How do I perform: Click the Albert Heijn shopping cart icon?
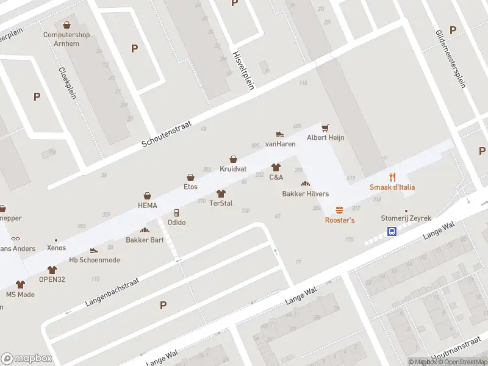tap(325, 127)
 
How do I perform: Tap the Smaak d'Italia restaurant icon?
tap(392, 177)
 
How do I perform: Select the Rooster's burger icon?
tap(339, 210)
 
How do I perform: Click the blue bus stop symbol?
tap(392, 231)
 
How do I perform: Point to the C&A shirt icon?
tap(276, 167)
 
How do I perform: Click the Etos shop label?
tap(191, 187)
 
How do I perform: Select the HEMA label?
tap(147, 206)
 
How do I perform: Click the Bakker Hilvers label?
tap(305, 194)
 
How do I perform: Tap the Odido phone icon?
tap(176, 212)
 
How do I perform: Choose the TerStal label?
tap(221, 203)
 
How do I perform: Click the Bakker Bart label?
tap(145, 240)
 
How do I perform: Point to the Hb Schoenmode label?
tap(95, 260)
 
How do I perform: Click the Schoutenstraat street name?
tap(167, 133)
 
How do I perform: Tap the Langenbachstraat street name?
tap(112, 293)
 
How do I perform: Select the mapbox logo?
tap(27, 358)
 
